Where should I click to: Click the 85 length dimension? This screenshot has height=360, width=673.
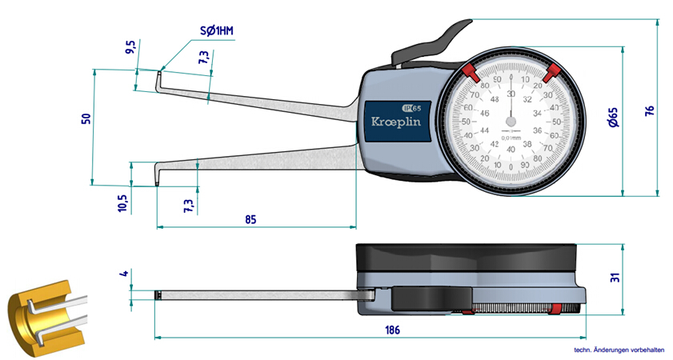pos(250,219)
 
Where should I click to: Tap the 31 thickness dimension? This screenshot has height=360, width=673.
pos(615,278)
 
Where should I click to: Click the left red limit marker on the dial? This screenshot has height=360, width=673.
pos(471,74)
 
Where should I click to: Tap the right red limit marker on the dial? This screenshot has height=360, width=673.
pos(551,74)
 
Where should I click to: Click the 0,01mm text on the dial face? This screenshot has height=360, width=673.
pos(511,138)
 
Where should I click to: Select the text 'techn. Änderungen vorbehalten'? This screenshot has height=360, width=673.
pos(621,350)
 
